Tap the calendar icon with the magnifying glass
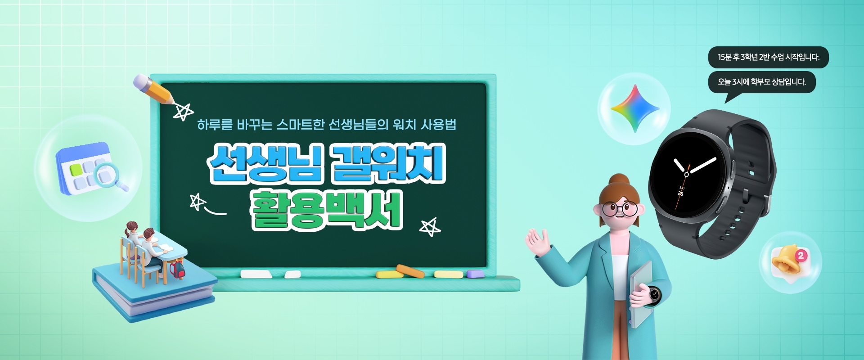(90, 168)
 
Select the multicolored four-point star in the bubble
(635, 108)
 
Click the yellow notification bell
(787, 260)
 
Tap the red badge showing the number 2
(801, 255)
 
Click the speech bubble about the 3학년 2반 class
(768, 57)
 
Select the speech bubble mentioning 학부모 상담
(761, 82)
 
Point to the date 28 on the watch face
(680, 193)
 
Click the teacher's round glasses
(620, 208)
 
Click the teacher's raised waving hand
(538, 242)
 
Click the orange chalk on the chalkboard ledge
(410, 271)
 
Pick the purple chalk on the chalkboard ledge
(475, 274)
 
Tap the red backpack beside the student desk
(177, 269)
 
